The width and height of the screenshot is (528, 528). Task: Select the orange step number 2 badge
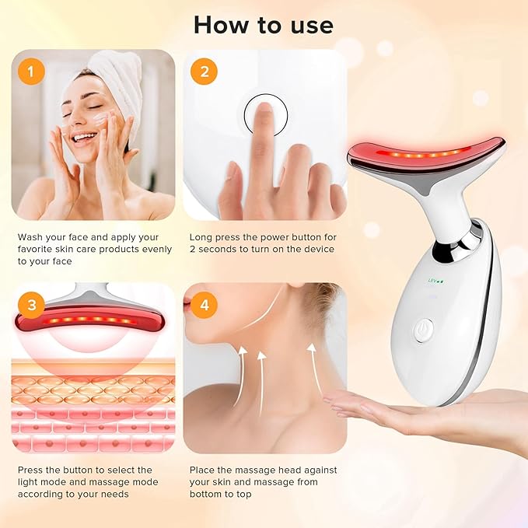205,72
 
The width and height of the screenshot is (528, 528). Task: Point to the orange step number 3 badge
30,304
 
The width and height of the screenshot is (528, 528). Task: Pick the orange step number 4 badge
205,304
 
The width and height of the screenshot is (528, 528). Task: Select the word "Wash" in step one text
30,236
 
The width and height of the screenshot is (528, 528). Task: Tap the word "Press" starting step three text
31,470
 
